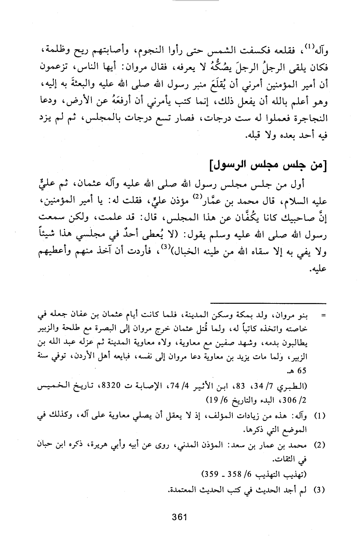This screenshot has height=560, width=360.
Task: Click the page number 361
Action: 179,517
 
